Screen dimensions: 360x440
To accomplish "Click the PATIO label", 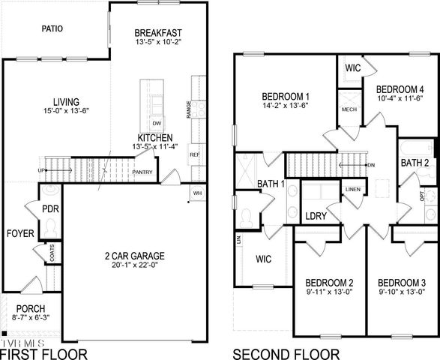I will point(51,29).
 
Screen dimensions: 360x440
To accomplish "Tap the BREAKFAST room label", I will point(159,33).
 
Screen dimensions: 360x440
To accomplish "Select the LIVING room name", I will point(66,101).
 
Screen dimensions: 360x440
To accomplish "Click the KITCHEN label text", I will point(155,138).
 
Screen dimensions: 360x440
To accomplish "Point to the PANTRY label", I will point(142,172).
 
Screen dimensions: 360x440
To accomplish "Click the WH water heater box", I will point(197,193).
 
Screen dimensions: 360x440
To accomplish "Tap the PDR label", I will point(51,208).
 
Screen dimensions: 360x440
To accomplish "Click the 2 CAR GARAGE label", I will point(134,256).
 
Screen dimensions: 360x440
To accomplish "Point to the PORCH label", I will point(30,309).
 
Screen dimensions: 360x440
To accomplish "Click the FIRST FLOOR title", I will point(43,353).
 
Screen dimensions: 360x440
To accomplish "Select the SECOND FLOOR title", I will point(286,353).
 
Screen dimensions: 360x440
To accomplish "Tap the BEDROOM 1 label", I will point(286,96).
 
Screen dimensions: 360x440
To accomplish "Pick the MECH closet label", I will point(349,109).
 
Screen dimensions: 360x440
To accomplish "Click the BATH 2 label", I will point(415,163).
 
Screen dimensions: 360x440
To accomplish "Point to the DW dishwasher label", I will point(157,122).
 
